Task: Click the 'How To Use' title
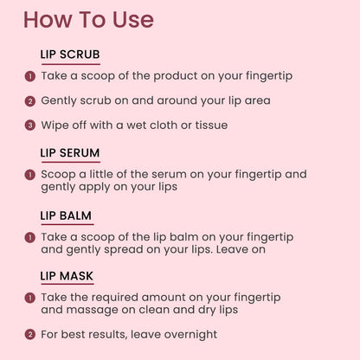coord(88,20)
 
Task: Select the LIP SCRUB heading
coord(70,55)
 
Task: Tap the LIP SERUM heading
coord(70,153)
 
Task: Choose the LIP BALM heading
coord(66,215)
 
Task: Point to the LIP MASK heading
coord(67,276)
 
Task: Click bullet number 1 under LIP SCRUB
coord(30,76)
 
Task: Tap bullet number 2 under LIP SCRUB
coord(30,101)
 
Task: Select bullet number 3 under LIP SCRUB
coord(30,125)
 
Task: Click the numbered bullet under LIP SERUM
coord(30,175)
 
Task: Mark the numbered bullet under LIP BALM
coord(30,238)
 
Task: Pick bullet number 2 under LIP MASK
coord(30,335)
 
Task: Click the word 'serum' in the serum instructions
coord(169,175)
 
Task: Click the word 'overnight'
coord(190,335)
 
